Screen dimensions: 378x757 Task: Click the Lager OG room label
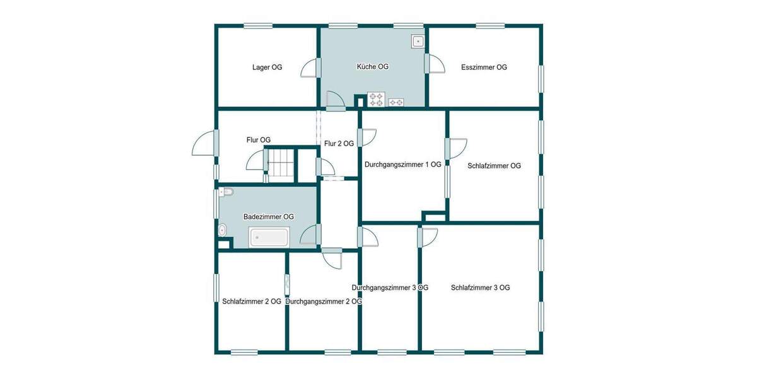(267, 67)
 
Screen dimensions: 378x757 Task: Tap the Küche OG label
(372, 67)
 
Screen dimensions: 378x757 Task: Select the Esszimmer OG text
(484, 67)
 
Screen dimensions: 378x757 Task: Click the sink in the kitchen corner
(418, 42)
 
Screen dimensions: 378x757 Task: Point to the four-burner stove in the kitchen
(376, 100)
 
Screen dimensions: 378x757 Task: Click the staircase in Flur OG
(281, 164)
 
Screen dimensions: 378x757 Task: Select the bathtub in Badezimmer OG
(269, 238)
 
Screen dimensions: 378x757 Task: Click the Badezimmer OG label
(269, 217)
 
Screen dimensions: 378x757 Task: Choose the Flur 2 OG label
(339, 144)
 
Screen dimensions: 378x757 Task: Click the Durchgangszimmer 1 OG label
(402, 164)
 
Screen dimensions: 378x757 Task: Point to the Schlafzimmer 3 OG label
(480, 287)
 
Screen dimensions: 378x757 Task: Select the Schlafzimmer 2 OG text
(252, 301)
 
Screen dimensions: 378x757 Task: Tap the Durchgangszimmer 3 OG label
(390, 287)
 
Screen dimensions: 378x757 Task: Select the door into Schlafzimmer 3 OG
(427, 237)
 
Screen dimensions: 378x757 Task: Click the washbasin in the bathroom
(221, 231)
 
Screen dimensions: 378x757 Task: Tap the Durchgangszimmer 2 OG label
(324, 301)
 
